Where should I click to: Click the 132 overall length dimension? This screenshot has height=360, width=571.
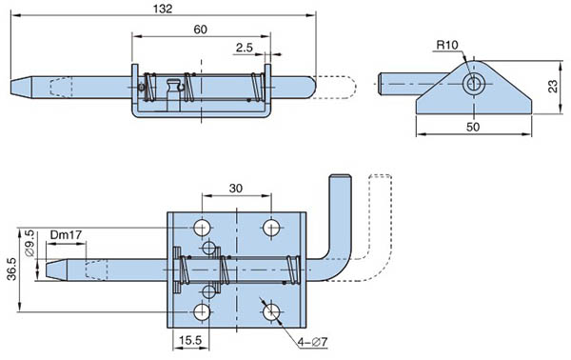[163, 9]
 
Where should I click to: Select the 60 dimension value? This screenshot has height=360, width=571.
[200, 30]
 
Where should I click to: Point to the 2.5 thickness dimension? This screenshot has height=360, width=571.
[244, 48]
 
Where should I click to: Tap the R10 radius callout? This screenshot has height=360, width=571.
[447, 45]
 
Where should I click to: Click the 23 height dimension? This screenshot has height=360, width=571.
[553, 87]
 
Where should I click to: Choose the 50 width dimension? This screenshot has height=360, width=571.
[473, 127]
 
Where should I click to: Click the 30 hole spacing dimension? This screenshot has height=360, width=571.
[236, 189]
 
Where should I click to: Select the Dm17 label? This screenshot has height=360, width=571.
[66, 235]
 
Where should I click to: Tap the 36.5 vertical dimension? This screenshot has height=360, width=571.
[11, 269]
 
